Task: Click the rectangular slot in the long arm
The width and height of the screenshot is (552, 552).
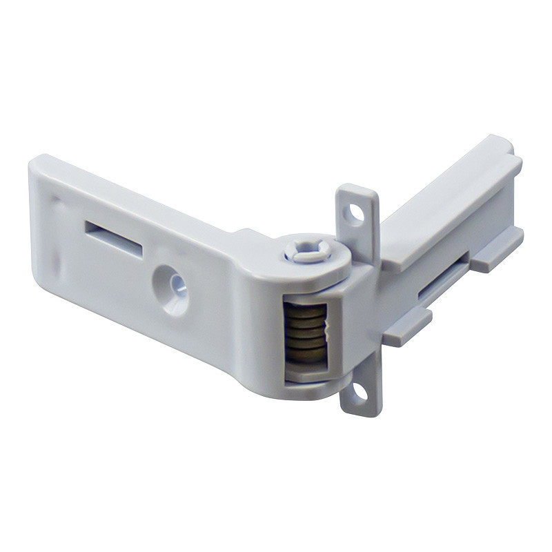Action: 114,235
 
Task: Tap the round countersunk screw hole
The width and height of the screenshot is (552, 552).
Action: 177,282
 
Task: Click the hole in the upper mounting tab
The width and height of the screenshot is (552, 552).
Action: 356,213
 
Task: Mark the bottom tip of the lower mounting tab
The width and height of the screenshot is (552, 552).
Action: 366,413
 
